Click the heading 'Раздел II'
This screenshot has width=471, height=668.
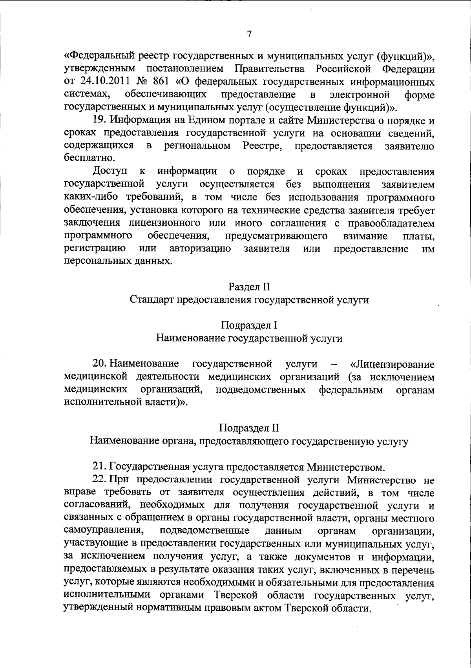coord(249,287)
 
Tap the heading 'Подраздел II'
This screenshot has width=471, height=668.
coord(249,427)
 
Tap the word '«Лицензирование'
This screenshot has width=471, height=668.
coord(392,364)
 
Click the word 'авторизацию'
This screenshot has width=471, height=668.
coord(200,249)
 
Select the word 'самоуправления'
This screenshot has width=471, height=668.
coord(103,531)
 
